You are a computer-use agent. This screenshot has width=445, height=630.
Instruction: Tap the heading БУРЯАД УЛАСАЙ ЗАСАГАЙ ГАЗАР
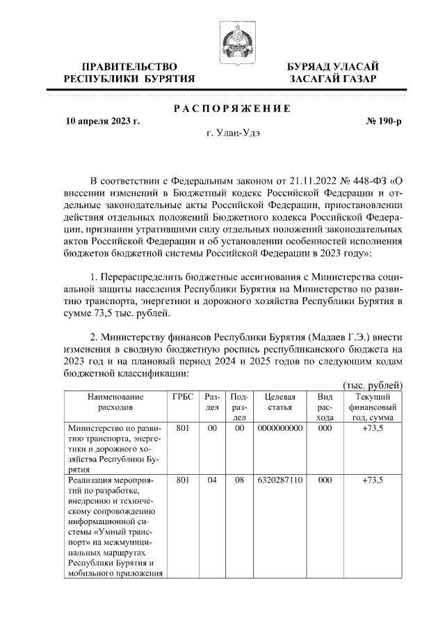coord(333,72)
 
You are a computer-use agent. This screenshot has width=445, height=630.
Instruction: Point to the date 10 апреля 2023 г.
coord(102,121)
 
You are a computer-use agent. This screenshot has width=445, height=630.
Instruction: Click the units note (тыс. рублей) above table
coord(373,385)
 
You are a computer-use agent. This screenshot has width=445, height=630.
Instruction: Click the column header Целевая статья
coord(279,402)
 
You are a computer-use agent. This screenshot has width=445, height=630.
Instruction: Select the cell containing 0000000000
coord(279,429)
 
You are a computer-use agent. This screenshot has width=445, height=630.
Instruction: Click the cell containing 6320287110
coord(279,480)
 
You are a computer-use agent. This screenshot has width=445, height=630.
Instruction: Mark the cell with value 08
coord(239,480)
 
